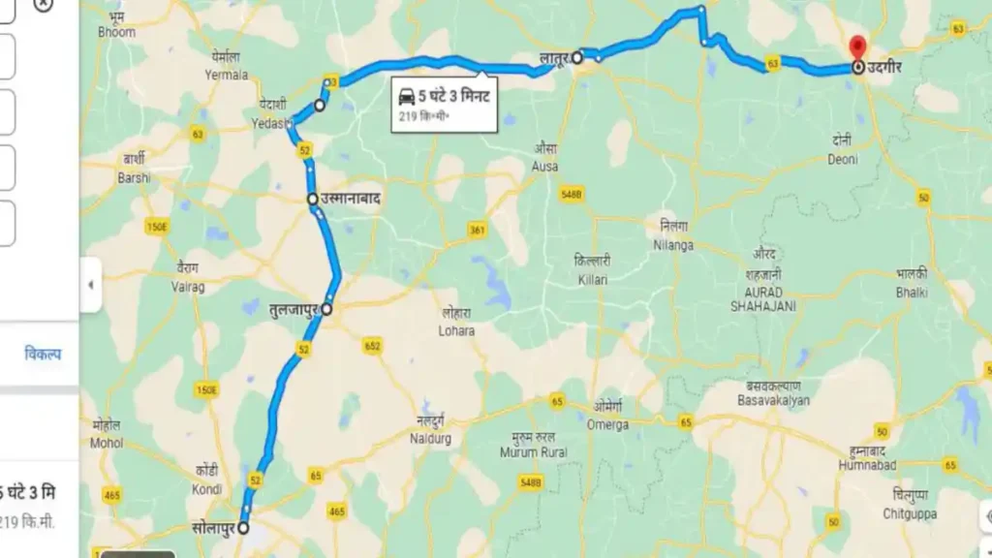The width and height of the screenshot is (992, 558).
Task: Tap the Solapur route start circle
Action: (x=243, y=529)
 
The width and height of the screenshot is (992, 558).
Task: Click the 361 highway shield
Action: (x=477, y=231)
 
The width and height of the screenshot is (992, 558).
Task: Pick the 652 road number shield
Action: (x=372, y=346)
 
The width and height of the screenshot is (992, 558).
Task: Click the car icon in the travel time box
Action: (x=407, y=97)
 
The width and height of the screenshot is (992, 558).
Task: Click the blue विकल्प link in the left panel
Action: (x=43, y=355)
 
